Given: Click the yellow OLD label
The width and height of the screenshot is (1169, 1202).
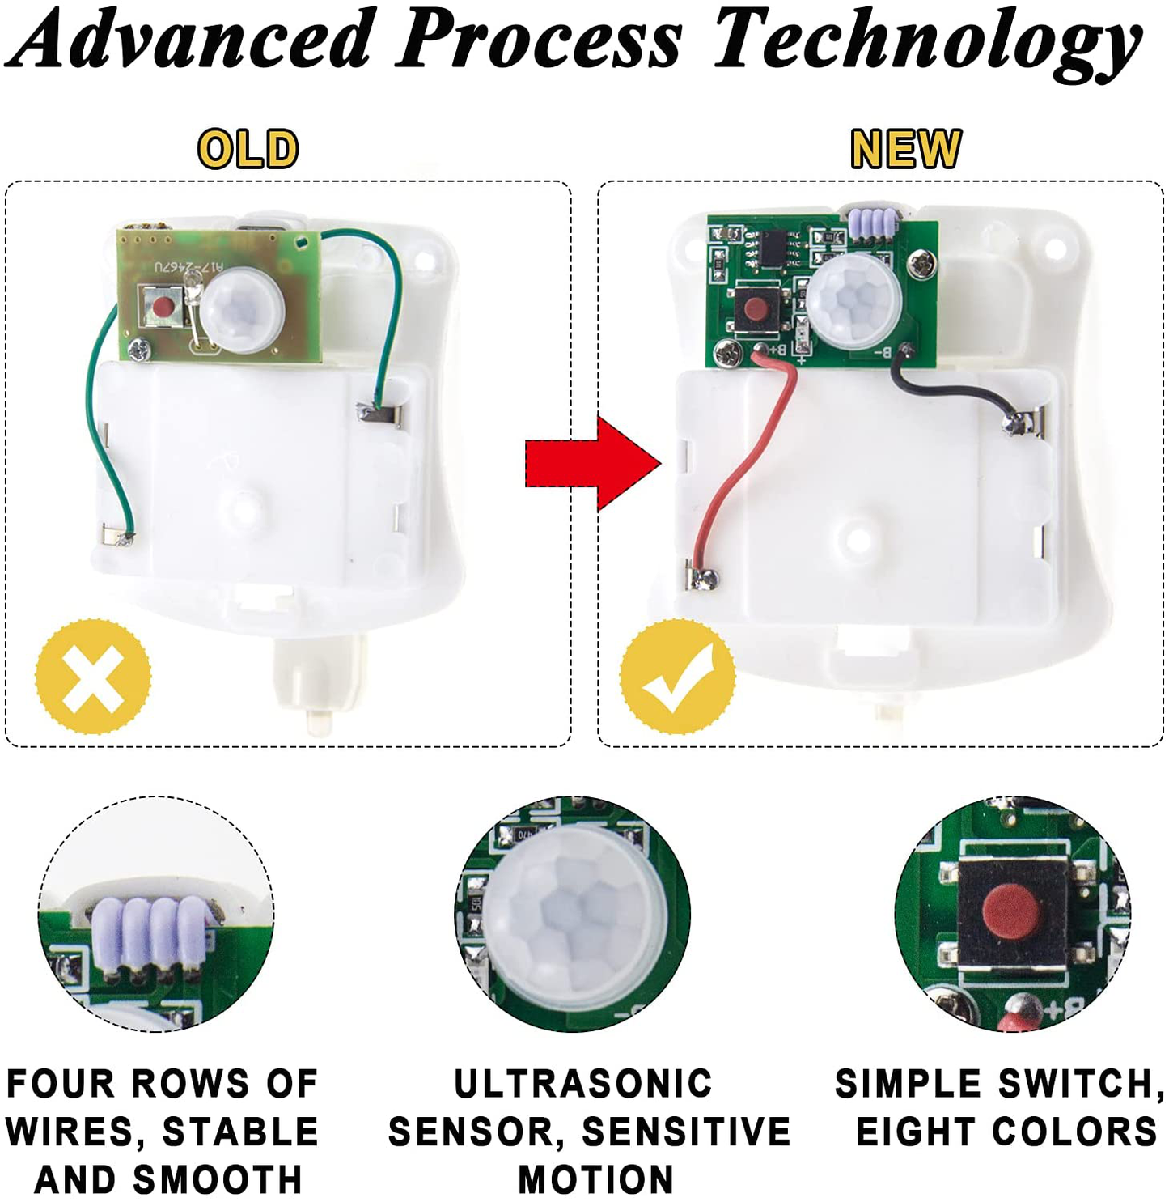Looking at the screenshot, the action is click(248, 149).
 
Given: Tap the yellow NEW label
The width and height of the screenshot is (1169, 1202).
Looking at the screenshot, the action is click(905, 149).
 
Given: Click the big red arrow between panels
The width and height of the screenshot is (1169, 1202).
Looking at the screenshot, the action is click(592, 465).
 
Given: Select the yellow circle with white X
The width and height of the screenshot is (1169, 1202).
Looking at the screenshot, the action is click(93, 676).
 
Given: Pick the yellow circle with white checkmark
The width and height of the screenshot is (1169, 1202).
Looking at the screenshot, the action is click(678, 677).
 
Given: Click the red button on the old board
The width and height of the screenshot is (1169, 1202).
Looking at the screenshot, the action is click(163, 307).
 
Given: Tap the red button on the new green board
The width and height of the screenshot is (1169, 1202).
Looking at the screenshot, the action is click(756, 308).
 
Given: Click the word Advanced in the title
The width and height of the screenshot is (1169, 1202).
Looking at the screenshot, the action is click(196, 40).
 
